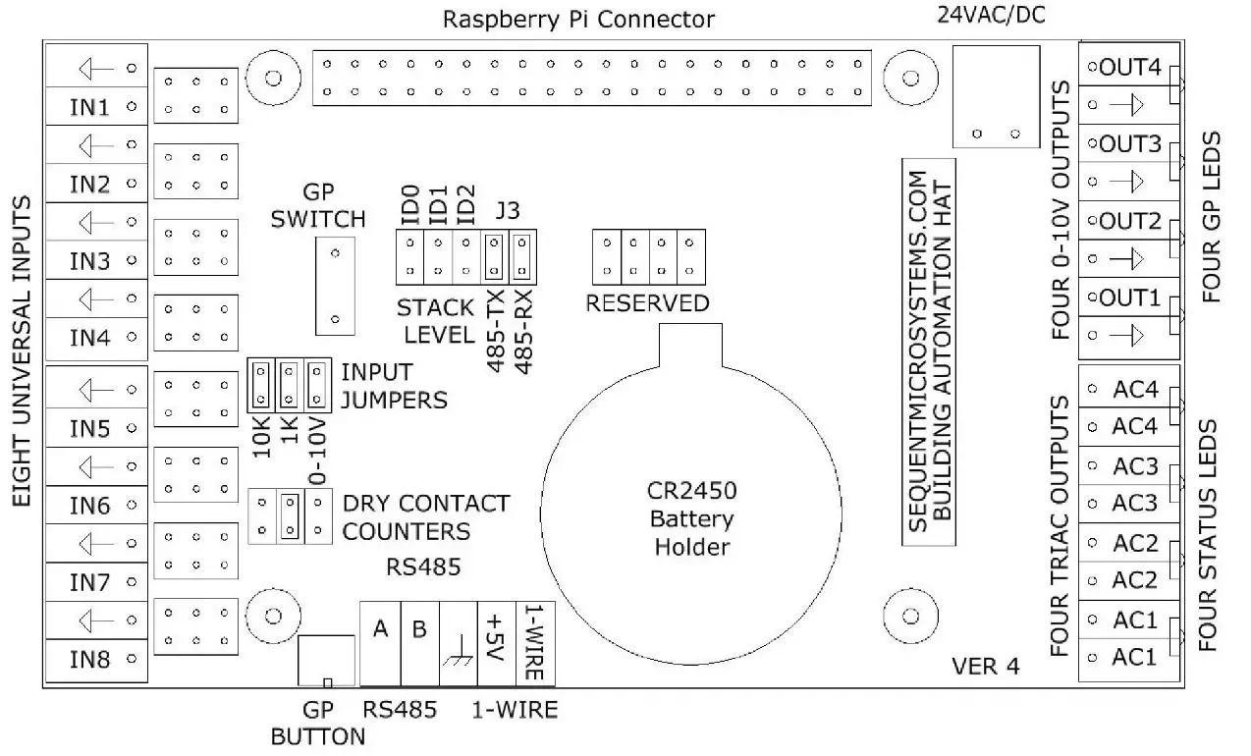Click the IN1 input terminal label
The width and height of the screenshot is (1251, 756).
pyautogui.click(x=89, y=106)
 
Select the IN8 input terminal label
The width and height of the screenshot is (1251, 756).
pyautogui.click(x=89, y=660)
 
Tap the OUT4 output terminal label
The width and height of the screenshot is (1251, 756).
pyautogui.click(x=1130, y=68)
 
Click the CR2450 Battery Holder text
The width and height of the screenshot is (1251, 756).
pyautogui.click(x=691, y=518)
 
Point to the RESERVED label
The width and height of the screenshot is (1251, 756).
pyautogui.click(x=647, y=303)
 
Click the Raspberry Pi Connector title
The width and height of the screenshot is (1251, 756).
pyautogui.click(x=578, y=19)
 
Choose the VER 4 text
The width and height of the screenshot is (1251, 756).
pyautogui.click(x=985, y=666)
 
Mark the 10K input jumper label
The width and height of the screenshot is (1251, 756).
pyautogui.click(x=260, y=435)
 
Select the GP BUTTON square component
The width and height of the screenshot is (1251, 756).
pyautogui.click(x=326, y=661)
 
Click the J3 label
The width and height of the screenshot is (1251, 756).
pyautogui.click(x=510, y=211)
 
